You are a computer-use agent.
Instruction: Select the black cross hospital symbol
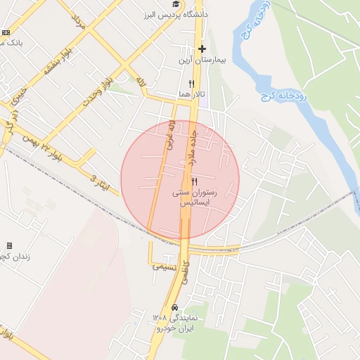[x=202, y=49]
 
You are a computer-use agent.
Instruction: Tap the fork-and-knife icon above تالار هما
[x=181, y=83]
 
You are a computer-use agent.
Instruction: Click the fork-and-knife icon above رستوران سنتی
[x=195, y=181]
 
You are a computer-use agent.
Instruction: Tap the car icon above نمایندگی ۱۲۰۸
[x=173, y=308]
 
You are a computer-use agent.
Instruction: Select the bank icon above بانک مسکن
[x=6, y=32]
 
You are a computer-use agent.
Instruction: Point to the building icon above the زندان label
[x=9, y=245]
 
